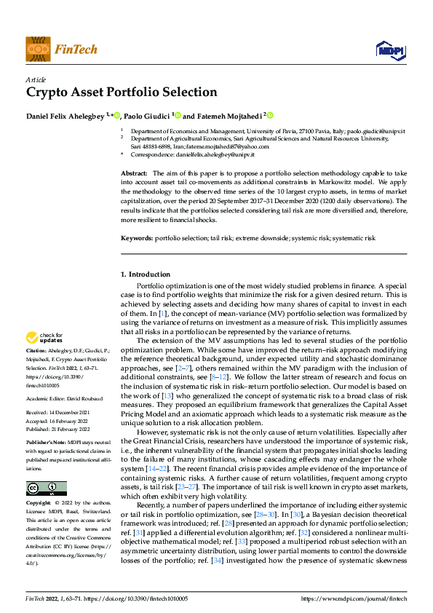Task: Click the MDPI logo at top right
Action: (389, 49)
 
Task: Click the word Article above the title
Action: (36, 79)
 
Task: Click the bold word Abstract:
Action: (134, 172)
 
